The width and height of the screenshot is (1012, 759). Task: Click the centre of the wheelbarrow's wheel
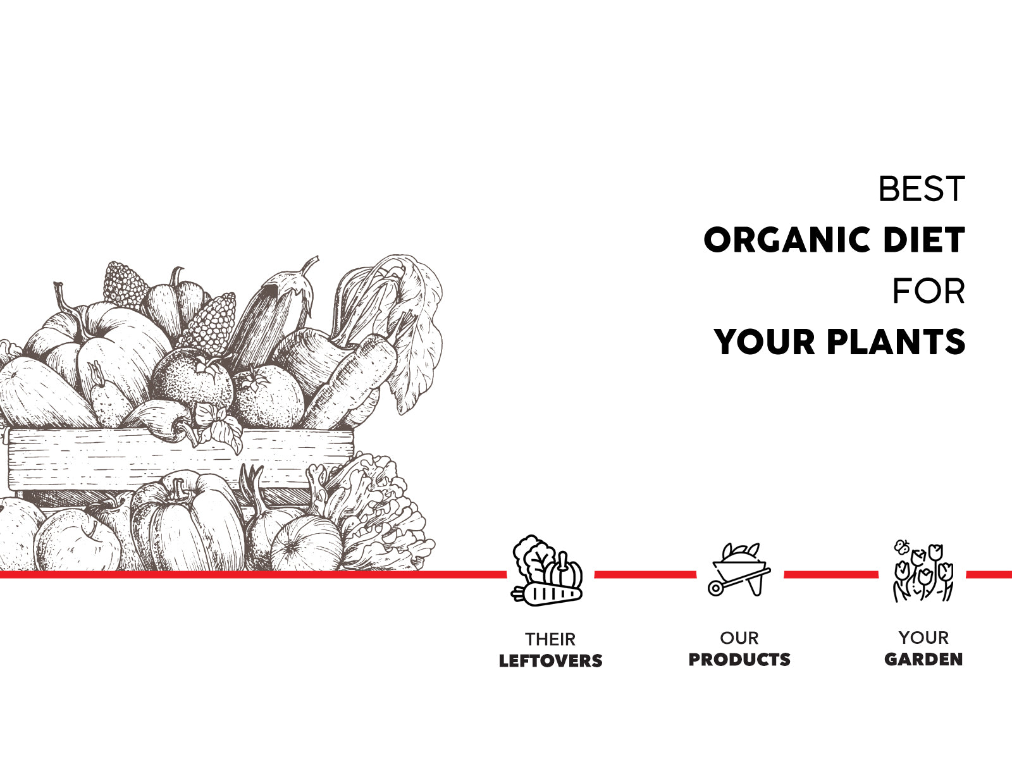715,588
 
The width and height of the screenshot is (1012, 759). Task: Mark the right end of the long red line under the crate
506,574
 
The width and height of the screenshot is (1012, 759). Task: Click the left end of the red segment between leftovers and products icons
595,574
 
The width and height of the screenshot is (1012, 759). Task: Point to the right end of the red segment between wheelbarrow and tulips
879,574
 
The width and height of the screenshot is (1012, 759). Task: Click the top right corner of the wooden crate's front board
353,431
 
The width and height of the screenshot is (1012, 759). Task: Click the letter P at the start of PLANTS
837,342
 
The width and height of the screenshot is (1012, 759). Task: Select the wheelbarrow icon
739,570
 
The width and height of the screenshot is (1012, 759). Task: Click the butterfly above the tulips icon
902,546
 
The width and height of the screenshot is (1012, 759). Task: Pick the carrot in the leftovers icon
546,595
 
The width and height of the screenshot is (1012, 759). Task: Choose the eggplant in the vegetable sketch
272,318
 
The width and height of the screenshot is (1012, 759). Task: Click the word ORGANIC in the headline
787,240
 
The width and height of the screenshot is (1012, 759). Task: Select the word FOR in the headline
929,291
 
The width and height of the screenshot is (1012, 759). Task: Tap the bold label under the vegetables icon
550,660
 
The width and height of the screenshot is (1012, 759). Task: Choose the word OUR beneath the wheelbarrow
739,638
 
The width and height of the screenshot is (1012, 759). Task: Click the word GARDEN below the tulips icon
923,659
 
